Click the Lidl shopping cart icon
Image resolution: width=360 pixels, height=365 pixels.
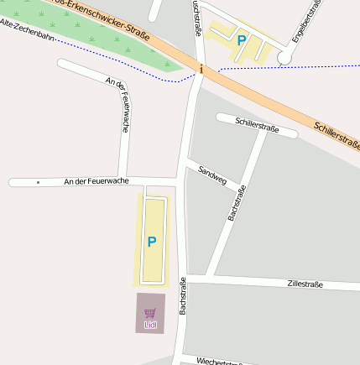[151, 312]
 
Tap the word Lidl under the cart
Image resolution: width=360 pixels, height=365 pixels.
[151, 325]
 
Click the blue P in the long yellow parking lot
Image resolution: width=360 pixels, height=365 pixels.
[152, 242]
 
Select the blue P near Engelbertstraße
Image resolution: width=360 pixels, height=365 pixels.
[242, 39]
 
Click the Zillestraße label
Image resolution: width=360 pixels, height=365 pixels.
[305, 284]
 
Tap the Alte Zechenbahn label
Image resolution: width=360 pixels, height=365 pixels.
[29, 30]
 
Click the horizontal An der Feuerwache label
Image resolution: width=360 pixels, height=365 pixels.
[97, 181]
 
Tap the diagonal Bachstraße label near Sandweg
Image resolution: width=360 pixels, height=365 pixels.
[237, 202]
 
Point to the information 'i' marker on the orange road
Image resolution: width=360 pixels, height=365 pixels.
[201, 70]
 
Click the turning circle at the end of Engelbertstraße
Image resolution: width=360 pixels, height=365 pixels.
[284, 57]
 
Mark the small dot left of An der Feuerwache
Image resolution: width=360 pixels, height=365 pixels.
[38, 181]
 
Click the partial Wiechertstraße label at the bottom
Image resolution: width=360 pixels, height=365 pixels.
[220, 362]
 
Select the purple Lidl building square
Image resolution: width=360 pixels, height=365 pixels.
[151, 313]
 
